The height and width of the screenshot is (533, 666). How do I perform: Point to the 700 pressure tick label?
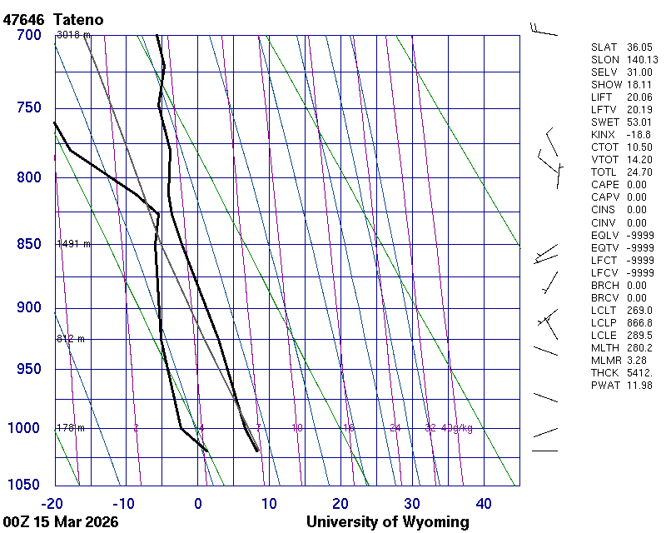pos(28,35)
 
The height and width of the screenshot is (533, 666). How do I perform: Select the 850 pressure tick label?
pos(28,244)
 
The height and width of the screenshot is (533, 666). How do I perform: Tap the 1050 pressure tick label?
pos(25,485)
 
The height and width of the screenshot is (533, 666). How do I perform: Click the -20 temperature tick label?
pos(52,503)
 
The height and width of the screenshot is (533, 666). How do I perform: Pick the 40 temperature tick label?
pos(484,503)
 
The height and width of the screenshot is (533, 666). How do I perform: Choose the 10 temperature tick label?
pos(269,503)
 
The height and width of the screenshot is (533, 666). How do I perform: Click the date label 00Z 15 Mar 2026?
pos(60,522)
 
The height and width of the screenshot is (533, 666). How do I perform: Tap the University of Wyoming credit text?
pos(388,522)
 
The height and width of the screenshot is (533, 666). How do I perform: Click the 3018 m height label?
pos(73,35)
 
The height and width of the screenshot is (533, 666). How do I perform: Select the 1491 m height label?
pos(73,244)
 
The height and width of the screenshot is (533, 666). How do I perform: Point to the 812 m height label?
pos(71,339)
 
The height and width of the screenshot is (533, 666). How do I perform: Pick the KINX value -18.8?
pos(639,135)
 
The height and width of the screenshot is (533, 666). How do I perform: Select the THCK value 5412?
pos(640,372)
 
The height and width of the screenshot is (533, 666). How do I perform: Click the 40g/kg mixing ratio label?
pos(458,428)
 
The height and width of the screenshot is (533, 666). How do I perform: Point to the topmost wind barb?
pos(543,31)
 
